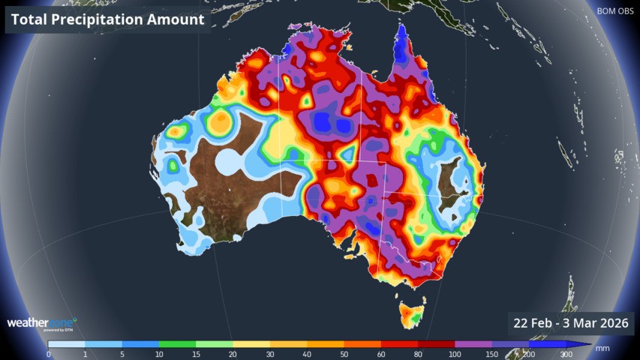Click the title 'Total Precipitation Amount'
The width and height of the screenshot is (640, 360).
point(108,20)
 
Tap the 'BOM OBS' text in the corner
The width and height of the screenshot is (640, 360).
point(614,11)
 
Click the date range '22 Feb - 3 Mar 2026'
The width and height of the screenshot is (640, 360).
point(570,324)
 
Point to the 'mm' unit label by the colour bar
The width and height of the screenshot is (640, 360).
point(602,349)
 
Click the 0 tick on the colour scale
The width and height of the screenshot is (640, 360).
point(49,354)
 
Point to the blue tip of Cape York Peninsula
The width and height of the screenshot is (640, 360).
point(402,37)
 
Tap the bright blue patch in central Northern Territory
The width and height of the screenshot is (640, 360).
point(328,122)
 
